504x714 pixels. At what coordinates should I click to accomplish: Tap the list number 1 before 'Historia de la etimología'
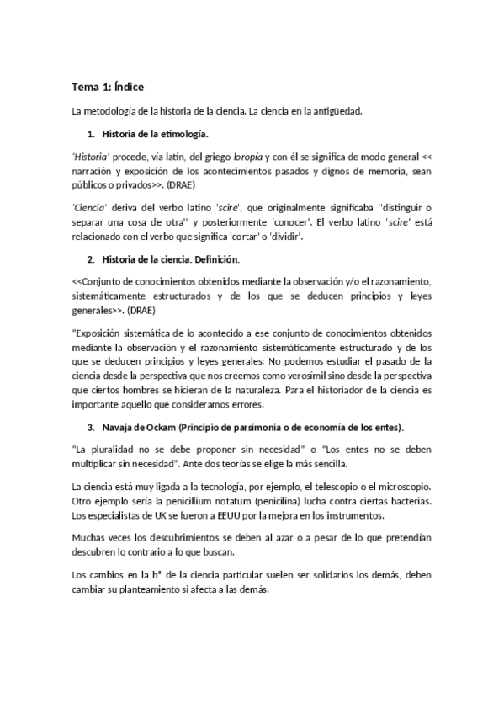90,134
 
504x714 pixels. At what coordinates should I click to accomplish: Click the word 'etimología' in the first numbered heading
185,134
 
